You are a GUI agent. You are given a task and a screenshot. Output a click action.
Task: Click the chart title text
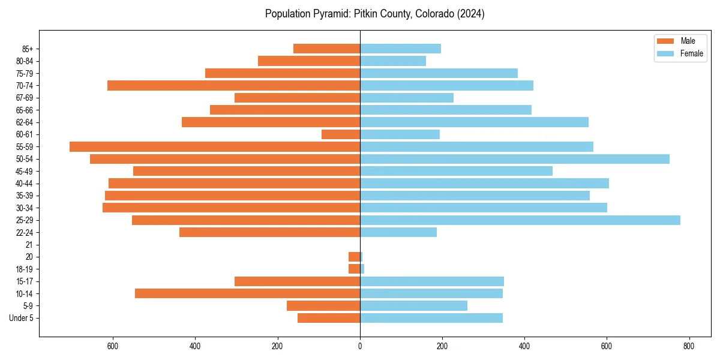tap(374, 14)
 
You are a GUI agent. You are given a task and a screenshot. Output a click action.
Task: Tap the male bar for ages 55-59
tap(215, 146)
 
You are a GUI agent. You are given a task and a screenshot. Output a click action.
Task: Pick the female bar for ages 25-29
tap(520, 220)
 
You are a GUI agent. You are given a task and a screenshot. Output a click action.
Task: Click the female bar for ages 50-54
tap(514, 159)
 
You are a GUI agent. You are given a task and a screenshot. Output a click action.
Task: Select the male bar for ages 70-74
tap(233, 85)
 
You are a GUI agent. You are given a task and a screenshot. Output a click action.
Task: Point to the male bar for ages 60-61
tap(341, 134)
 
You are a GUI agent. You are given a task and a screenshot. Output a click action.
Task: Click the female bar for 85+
tap(400, 49)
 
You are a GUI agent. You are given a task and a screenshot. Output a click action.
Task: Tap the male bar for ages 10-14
tap(247, 293)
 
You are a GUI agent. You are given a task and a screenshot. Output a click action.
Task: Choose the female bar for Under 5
tap(431, 318)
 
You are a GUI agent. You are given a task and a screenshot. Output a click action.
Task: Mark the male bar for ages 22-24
tap(269, 232)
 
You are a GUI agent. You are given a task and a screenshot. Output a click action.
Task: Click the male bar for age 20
tap(354, 257)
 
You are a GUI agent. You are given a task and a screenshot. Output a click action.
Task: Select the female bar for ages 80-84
tap(393, 61)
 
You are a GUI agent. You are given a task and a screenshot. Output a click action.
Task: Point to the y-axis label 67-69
tap(25, 98)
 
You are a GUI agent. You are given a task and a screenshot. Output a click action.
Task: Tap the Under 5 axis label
tap(21, 318)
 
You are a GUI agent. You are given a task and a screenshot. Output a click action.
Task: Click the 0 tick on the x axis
tap(360, 346)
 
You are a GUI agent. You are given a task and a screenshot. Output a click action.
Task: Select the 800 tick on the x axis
tap(689, 346)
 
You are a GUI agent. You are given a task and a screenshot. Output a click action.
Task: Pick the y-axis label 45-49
tap(25, 171)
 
